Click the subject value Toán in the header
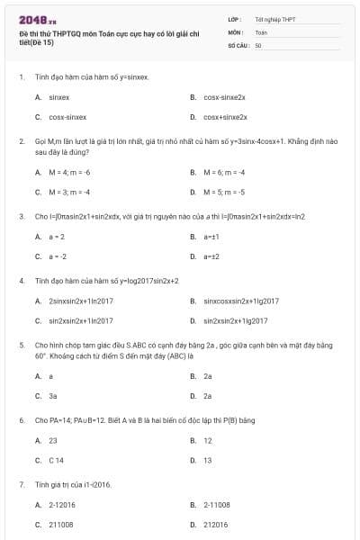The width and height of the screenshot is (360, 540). coord(261,31)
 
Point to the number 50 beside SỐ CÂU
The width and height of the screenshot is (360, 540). coord(258,44)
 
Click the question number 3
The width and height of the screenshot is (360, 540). coord(21,216)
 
